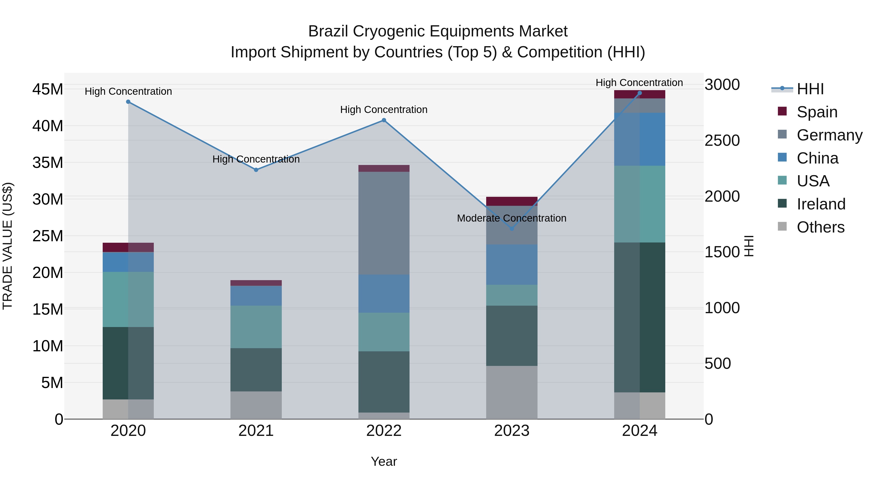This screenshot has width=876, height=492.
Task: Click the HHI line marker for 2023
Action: pyautogui.click(x=512, y=229)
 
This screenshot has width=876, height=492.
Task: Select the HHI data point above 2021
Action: pyautogui.click(x=256, y=170)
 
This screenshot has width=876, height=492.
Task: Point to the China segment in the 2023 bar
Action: pyautogui.click(x=511, y=265)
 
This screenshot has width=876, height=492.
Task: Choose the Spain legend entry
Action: pyautogui.click(x=817, y=112)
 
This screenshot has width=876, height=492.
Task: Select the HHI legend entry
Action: pyautogui.click(x=810, y=89)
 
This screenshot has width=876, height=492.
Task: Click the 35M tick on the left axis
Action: pyautogui.click(x=48, y=163)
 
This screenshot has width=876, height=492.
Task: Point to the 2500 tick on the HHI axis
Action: pyautogui.click(x=722, y=141)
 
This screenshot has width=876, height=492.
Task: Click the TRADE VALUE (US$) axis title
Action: pyautogui.click(x=8, y=246)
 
